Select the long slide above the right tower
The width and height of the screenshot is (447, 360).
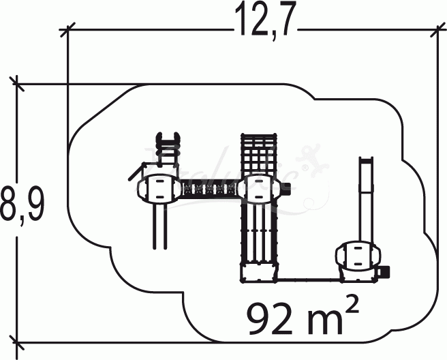pyautogui.click(x=366, y=198)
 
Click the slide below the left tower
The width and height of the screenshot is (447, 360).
pyautogui.click(x=159, y=225)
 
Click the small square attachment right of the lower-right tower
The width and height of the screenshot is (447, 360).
pyautogui.click(x=384, y=272)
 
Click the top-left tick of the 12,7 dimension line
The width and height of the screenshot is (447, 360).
pyautogui.click(x=67, y=29)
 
